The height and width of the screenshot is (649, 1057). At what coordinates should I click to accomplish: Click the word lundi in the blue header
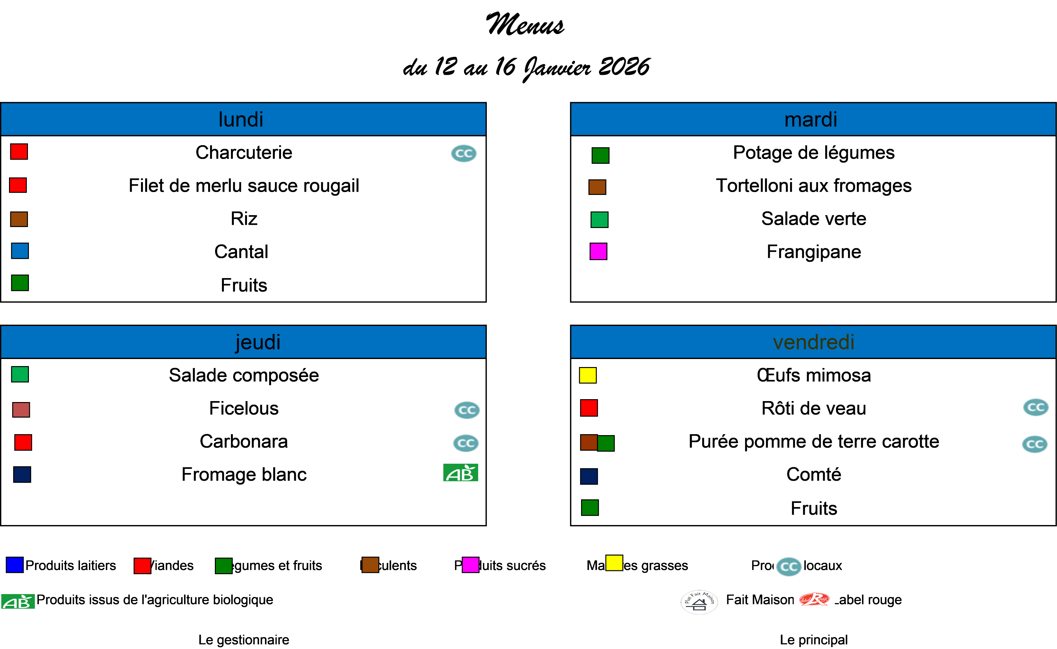(x=241, y=119)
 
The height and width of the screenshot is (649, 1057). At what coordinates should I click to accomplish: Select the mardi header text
(x=811, y=119)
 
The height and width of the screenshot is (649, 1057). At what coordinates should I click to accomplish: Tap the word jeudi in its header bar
(x=258, y=342)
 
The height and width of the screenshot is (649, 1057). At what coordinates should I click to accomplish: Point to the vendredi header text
(x=813, y=342)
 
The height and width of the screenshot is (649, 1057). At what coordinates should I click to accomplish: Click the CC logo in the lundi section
(x=463, y=153)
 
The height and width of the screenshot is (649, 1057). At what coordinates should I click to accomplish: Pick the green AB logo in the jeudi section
(x=460, y=473)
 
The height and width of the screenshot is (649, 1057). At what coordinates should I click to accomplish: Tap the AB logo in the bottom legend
(x=18, y=601)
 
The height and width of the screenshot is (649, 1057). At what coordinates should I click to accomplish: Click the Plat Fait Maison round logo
(x=699, y=602)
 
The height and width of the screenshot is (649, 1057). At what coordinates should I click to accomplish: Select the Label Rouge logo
(x=814, y=599)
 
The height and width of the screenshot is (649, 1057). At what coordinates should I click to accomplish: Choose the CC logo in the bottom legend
(x=788, y=566)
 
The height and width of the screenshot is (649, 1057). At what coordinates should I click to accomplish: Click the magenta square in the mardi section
(x=598, y=251)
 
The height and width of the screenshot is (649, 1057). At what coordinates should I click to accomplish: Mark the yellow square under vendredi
(x=588, y=375)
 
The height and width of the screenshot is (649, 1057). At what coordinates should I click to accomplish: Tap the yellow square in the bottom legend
(x=614, y=563)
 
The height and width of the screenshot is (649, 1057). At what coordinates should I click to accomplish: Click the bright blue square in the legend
(x=14, y=565)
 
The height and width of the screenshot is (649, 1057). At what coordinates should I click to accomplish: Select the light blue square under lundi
(x=20, y=251)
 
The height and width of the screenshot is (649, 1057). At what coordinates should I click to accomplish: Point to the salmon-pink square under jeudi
(x=21, y=410)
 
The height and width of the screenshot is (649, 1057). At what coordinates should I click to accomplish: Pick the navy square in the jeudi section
(x=22, y=474)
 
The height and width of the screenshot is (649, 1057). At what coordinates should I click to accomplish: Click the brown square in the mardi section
(x=597, y=187)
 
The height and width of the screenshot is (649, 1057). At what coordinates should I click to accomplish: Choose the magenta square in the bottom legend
(x=470, y=565)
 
